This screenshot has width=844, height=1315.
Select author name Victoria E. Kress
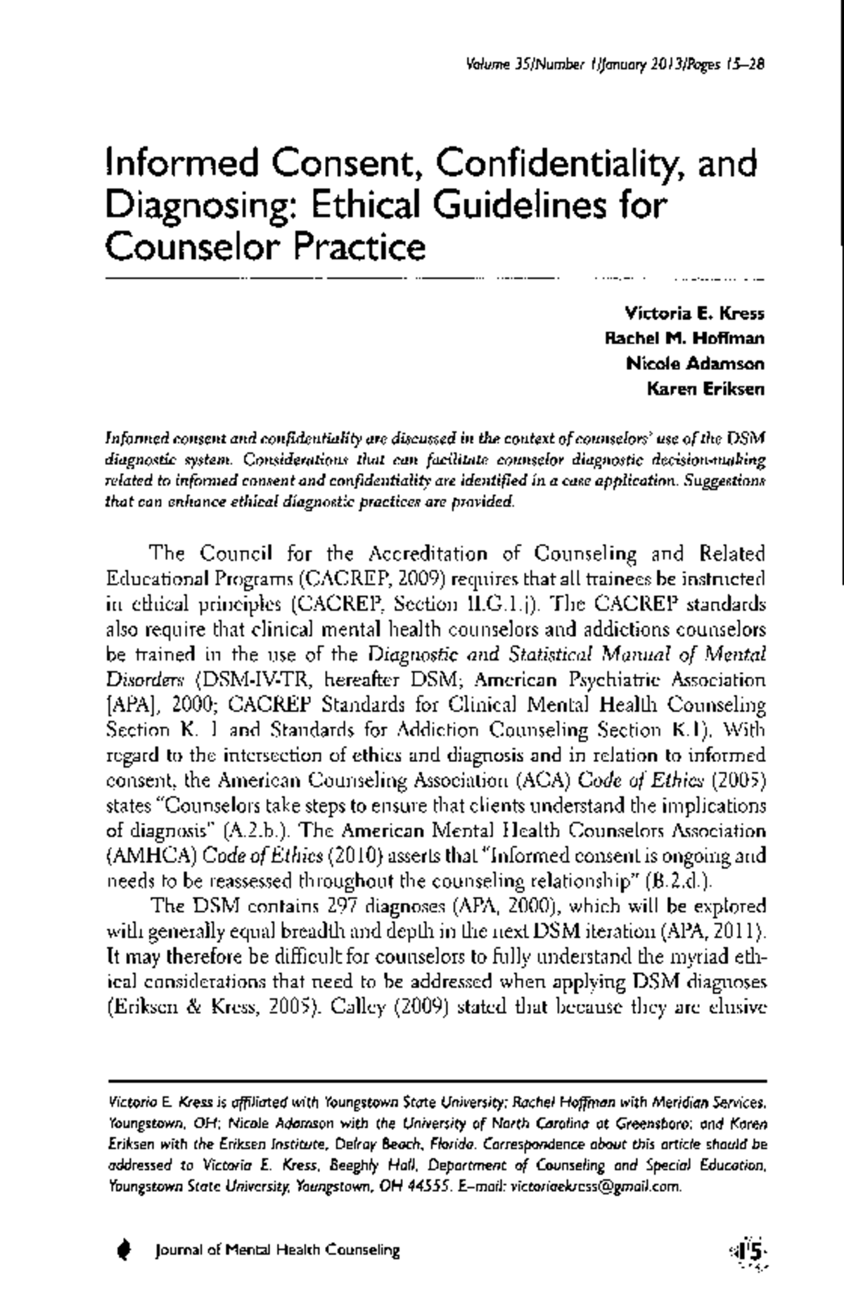click(694, 312)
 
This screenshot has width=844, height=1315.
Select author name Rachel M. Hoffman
click(685, 338)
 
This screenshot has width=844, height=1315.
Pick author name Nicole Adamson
click(695, 364)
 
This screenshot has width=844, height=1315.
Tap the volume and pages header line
click(615, 65)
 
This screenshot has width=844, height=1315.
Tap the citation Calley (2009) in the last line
click(392, 1007)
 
